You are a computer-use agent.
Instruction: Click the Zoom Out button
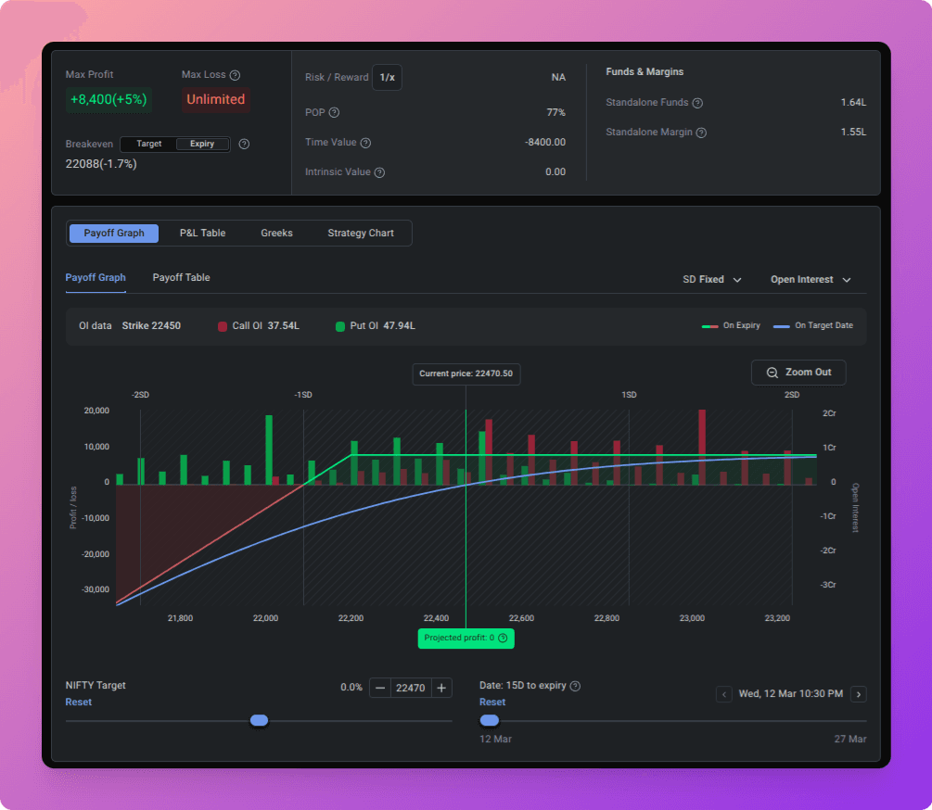click(x=798, y=373)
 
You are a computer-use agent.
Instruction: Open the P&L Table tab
click(x=203, y=233)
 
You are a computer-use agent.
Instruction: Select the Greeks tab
click(x=276, y=233)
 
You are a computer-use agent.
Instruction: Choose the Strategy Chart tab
click(x=361, y=233)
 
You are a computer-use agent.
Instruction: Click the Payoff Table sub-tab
click(x=181, y=277)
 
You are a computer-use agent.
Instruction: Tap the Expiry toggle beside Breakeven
click(x=202, y=144)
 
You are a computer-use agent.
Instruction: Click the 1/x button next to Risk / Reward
click(x=387, y=77)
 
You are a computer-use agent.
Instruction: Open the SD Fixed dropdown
click(x=712, y=280)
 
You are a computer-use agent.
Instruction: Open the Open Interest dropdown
click(x=811, y=280)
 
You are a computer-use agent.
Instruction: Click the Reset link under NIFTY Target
click(x=79, y=702)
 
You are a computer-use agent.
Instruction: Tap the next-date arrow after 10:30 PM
click(x=859, y=694)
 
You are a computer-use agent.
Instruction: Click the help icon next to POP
click(x=334, y=113)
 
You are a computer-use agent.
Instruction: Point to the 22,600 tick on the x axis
click(x=521, y=618)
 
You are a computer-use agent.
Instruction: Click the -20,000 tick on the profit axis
click(x=96, y=554)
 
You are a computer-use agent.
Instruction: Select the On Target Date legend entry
click(x=813, y=325)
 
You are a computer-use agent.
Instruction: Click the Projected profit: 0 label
click(x=466, y=638)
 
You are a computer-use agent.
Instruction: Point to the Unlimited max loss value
click(x=216, y=99)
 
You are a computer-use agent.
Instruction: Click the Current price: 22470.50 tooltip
click(x=466, y=373)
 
